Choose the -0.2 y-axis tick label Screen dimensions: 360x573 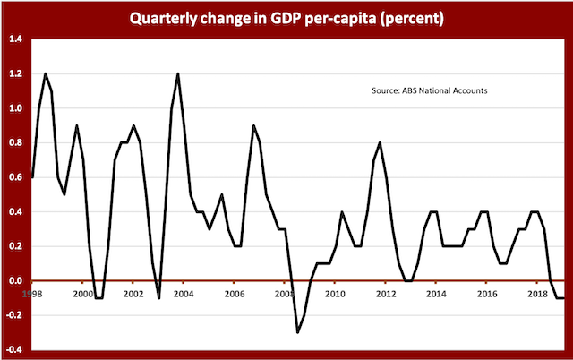pos(13,315)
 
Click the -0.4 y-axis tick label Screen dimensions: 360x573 pos(13,349)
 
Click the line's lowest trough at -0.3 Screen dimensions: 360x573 pos(297,332)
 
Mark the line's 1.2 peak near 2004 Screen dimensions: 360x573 pos(178,74)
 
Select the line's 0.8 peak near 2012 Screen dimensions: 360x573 pos(380,143)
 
